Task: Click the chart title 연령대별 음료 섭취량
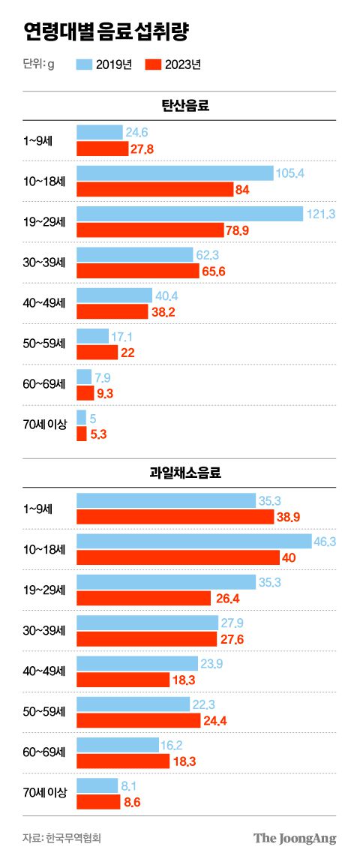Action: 106,32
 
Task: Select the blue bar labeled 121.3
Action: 189,214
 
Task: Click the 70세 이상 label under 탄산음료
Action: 46,425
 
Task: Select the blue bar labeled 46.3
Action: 193,540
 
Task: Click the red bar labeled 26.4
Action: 143,597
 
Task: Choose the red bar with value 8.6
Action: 98,801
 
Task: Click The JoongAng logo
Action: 294,838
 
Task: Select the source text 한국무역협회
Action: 77,838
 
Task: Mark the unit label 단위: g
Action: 38,65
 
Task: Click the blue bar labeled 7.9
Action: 84,376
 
